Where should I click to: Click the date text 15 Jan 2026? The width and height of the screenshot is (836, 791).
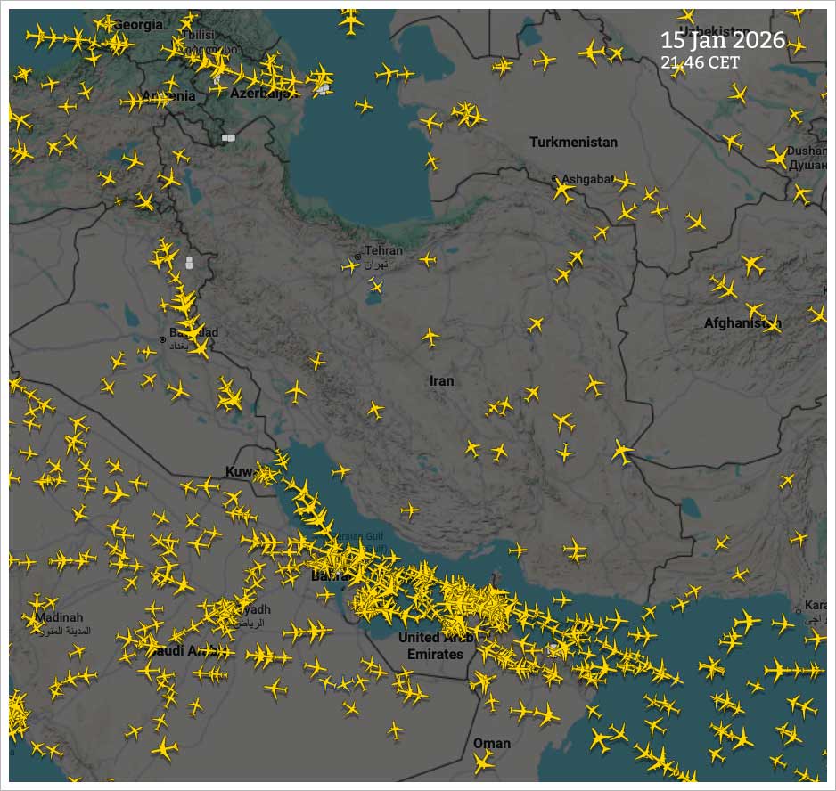(723, 40)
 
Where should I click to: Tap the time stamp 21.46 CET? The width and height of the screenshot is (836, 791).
(701, 62)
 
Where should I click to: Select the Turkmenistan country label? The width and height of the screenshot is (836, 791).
(573, 143)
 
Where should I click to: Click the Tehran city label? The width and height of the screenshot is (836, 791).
(383, 251)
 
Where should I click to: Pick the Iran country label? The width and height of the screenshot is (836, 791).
(441, 381)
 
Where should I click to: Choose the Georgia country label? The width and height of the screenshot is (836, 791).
(139, 25)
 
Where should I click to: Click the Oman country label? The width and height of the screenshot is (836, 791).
(492, 743)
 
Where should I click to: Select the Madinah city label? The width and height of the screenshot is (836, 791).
(59, 617)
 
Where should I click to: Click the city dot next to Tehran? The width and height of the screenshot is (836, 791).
(358, 257)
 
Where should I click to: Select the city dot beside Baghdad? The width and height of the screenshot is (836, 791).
(162, 339)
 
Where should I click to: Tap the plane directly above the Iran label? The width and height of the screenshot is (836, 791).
(431, 338)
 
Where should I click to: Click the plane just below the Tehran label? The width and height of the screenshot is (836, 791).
(377, 286)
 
